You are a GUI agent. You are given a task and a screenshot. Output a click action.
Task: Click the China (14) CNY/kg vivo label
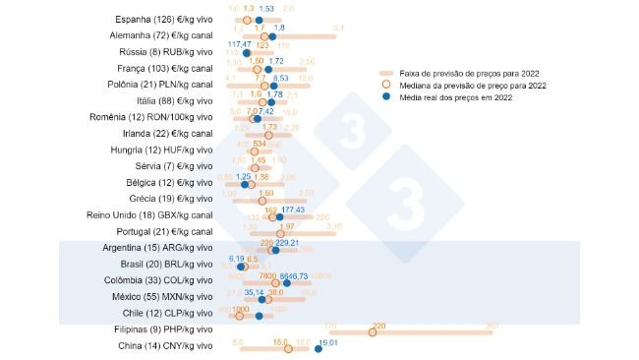click(169, 347)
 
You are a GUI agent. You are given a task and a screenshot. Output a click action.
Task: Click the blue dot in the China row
click(319, 347)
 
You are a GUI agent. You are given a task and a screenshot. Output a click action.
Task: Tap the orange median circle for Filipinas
click(373, 331)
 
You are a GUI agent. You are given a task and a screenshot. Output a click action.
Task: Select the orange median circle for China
click(288, 348)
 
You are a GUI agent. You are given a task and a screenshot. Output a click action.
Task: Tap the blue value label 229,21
click(287, 242)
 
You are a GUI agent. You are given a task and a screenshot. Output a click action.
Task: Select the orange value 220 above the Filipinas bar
click(378, 325)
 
